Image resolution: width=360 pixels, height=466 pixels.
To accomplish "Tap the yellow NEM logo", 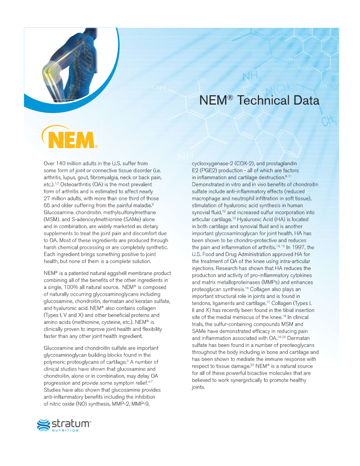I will (69, 138).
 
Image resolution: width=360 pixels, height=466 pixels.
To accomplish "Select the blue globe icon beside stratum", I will (43, 425).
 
